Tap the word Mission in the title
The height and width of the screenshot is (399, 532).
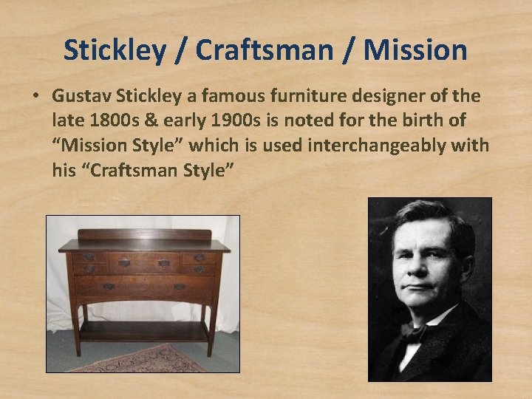[x=416, y=50]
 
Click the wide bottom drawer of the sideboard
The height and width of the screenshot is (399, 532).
[x=145, y=286]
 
